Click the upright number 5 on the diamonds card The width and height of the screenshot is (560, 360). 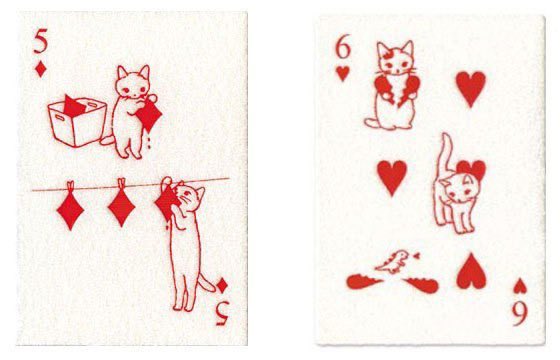pyautogui.click(x=41, y=42)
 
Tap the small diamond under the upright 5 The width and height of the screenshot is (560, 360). pyautogui.click(x=41, y=69)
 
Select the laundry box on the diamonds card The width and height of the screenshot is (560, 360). pyautogui.click(x=76, y=125)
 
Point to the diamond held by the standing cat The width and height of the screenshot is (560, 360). pyautogui.click(x=149, y=116)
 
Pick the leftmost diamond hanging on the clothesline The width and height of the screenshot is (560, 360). pyautogui.click(x=70, y=209)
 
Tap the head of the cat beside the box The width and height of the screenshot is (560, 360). pyautogui.click(x=133, y=83)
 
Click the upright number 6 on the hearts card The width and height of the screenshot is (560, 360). pyautogui.click(x=344, y=45)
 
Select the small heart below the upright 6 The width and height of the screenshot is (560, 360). pyautogui.click(x=344, y=73)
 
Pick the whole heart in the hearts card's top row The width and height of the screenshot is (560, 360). pyautogui.click(x=471, y=88)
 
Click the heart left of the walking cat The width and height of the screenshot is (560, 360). pyautogui.click(x=393, y=176)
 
